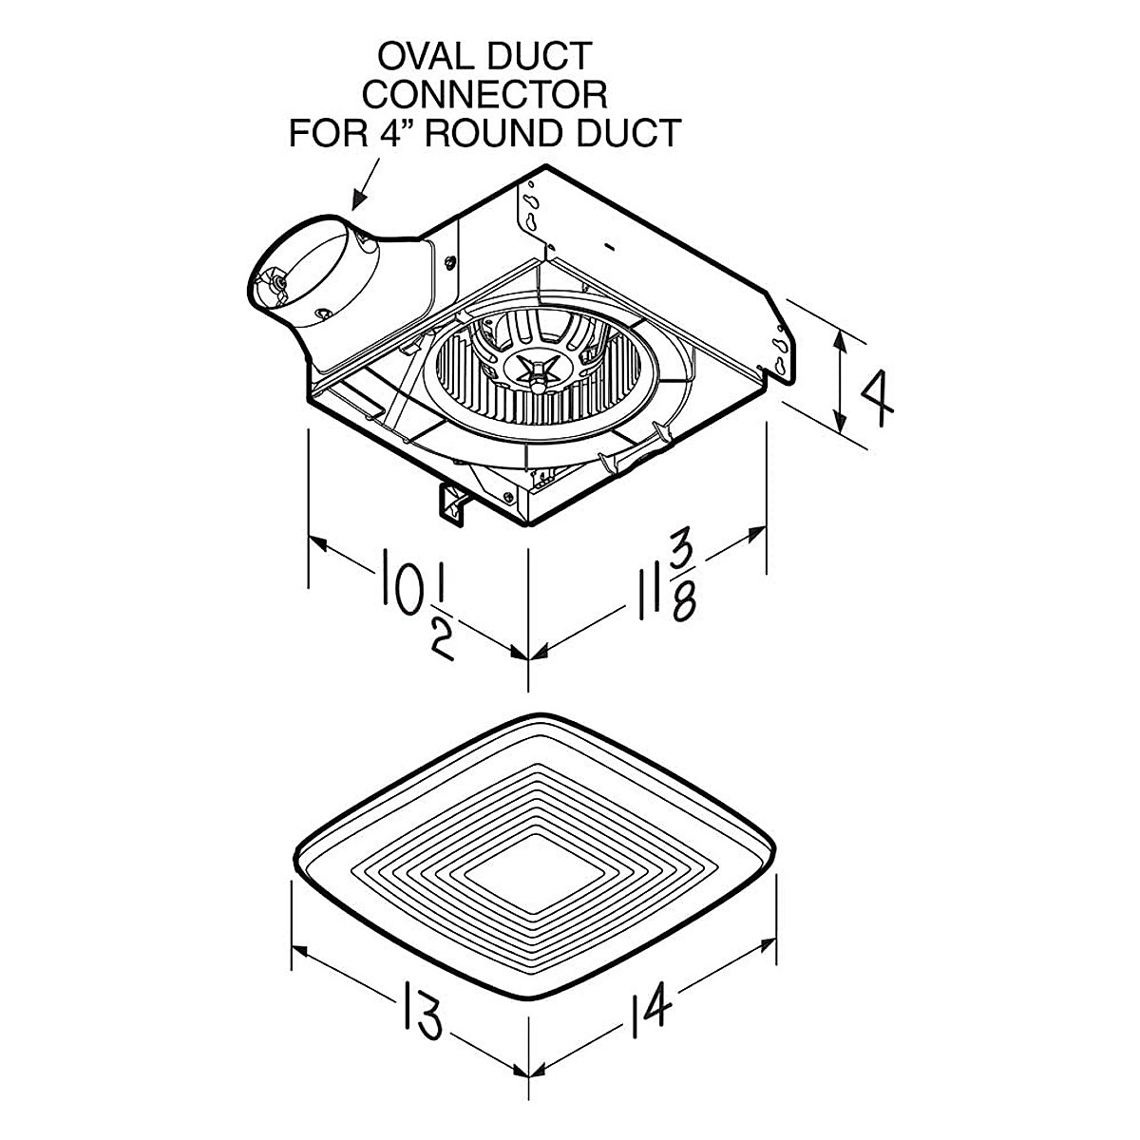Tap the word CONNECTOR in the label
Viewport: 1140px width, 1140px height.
(x=486, y=94)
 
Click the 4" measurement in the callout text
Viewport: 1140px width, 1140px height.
(x=392, y=132)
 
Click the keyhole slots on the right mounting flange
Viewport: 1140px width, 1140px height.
(x=782, y=348)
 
